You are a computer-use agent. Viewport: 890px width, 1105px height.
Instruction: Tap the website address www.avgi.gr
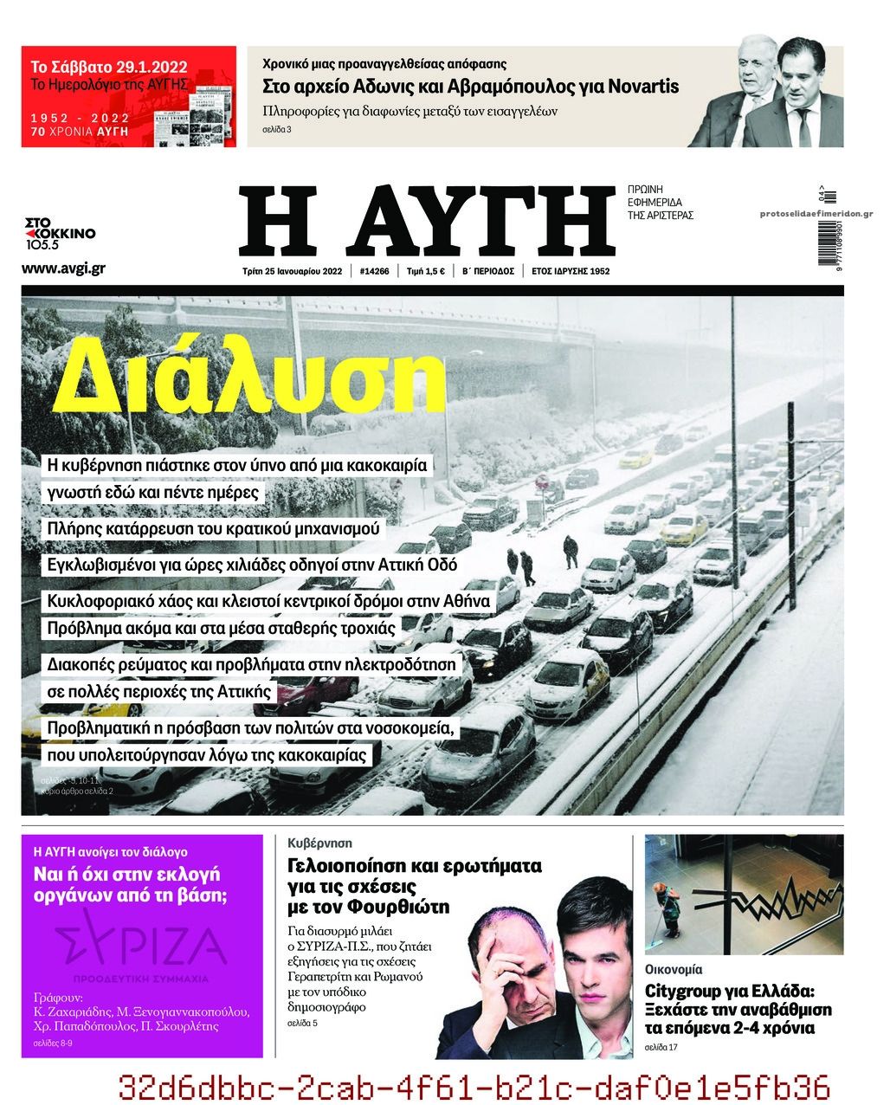(x=63, y=268)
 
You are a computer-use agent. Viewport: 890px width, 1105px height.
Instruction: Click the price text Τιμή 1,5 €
(x=426, y=271)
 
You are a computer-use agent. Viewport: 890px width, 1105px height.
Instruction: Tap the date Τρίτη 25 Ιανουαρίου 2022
(x=293, y=271)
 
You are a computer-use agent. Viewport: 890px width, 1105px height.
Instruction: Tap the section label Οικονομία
(x=674, y=970)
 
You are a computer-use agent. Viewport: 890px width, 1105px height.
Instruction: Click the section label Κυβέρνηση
(x=319, y=843)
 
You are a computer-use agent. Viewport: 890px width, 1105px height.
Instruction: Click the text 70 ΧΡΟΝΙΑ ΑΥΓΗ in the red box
(x=80, y=132)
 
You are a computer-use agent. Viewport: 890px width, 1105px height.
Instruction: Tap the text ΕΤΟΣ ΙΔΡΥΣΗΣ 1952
(x=571, y=271)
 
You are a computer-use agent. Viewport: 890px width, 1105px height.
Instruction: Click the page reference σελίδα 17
(x=661, y=1049)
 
